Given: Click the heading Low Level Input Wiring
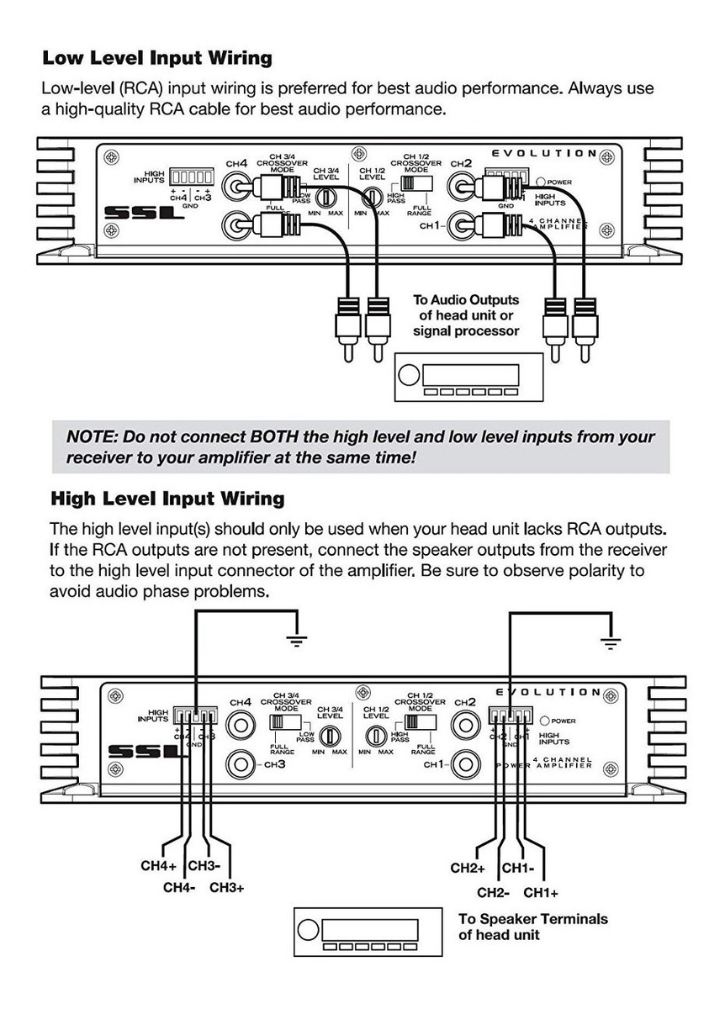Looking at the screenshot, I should (156, 58).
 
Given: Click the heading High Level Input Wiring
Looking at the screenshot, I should (167, 499).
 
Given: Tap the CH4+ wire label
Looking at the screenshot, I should (158, 866).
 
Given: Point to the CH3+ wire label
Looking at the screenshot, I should (226, 887).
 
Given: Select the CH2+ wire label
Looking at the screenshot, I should (468, 868).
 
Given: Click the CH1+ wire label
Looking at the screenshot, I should (541, 893).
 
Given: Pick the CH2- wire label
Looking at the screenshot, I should (495, 893).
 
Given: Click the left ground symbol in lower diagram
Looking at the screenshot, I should (295, 640).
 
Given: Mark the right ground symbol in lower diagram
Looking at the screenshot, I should (611, 642).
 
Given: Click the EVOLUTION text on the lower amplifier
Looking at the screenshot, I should (548, 692).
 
